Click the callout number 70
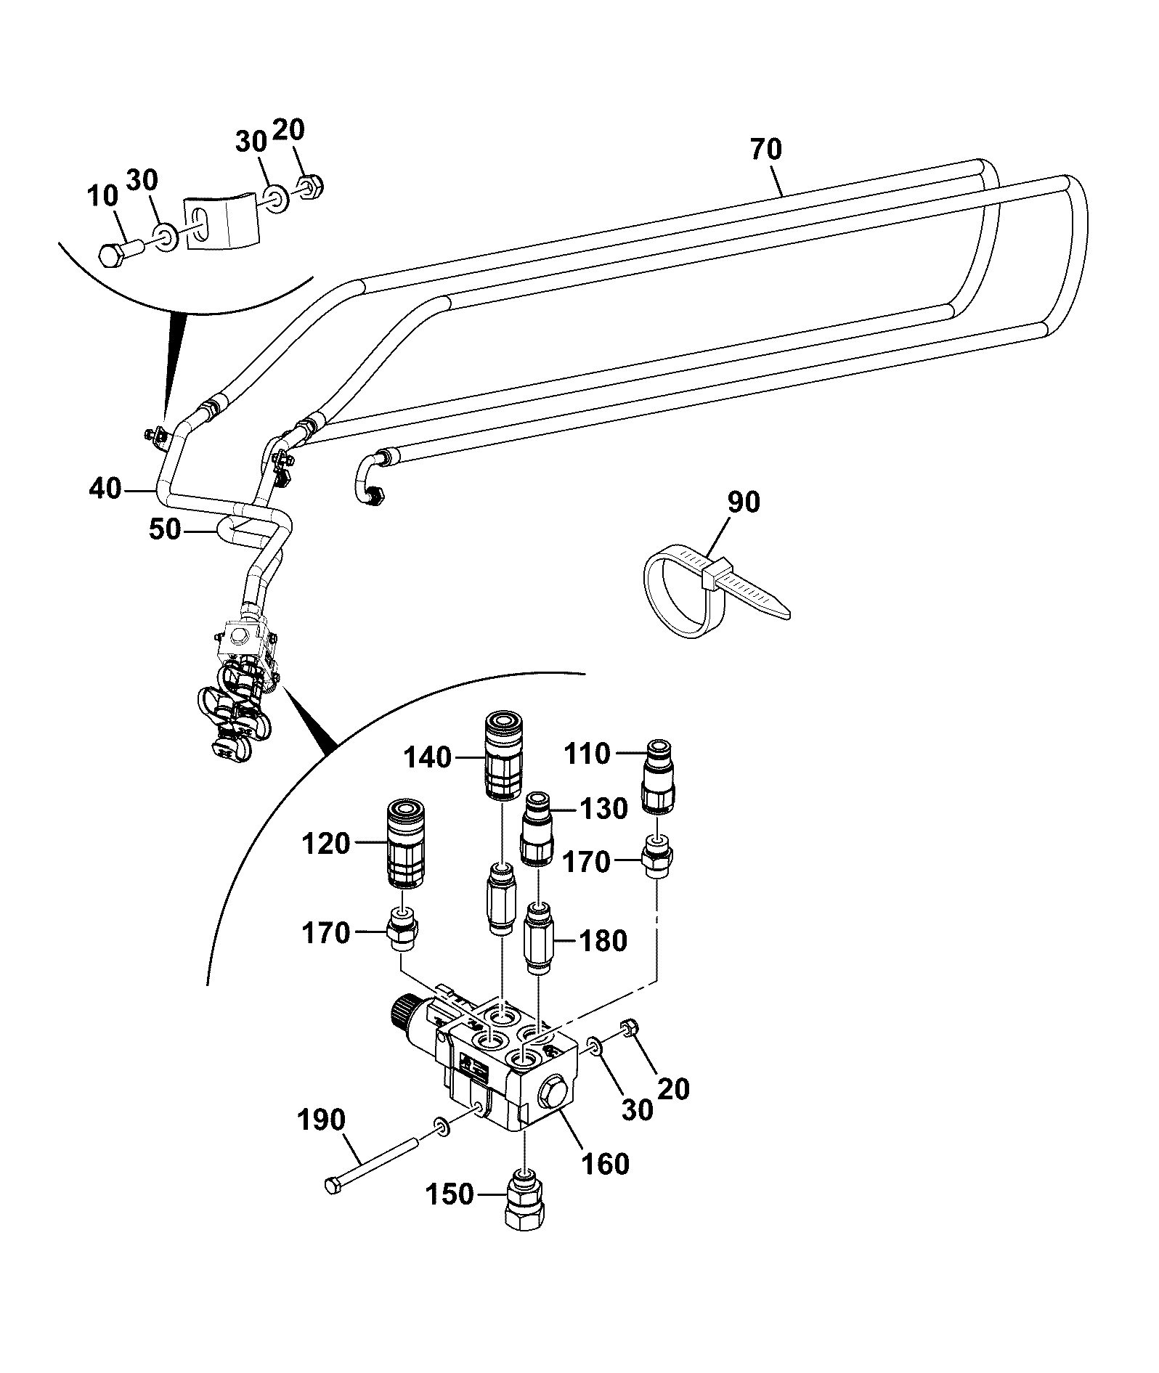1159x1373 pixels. coord(767,150)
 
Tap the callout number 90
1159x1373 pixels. coord(744,502)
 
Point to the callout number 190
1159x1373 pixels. coord(322,1120)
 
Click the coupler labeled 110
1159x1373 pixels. coord(659,776)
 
